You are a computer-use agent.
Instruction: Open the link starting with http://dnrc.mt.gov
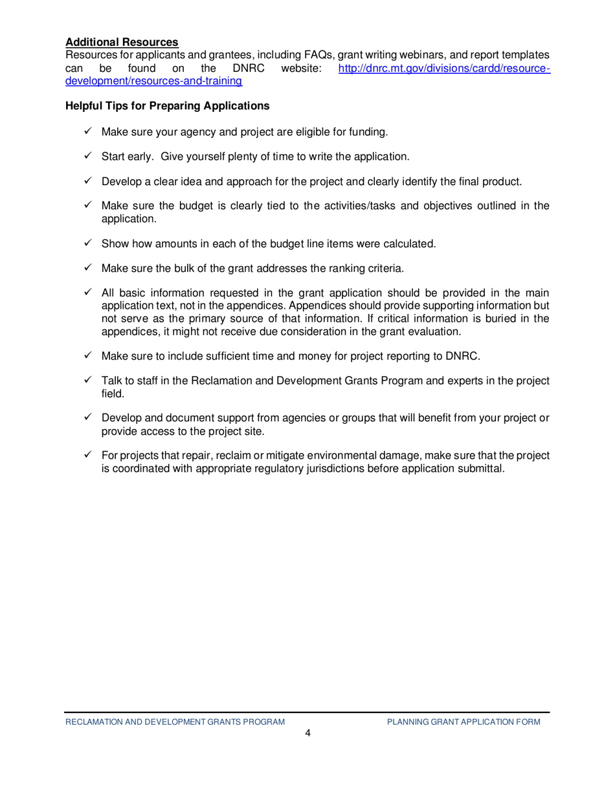444,68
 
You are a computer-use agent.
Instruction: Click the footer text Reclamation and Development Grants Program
175,721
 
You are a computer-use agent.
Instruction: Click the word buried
489,318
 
